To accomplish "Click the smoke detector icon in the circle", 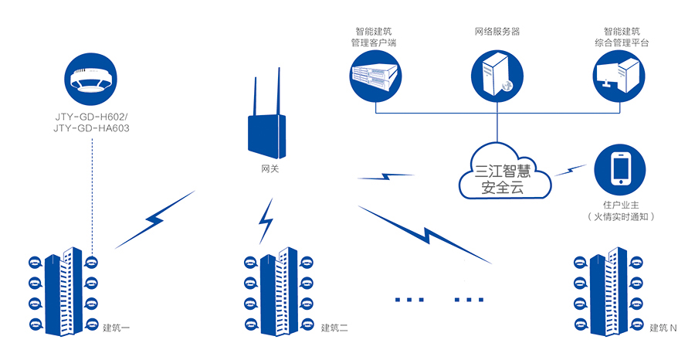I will click(92, 77).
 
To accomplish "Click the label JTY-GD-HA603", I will click(92, 127).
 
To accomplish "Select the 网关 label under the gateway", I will click(265, 168).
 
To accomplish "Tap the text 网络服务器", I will click(497, 32).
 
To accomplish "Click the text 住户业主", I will click(622, 204).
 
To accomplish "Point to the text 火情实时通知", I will click(622, 217).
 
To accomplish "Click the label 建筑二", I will click(334, 328).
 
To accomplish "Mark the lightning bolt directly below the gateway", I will click(266, 220).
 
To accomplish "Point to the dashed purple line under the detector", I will click(92, 193).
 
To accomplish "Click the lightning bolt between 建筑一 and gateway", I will click(154, 220).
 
